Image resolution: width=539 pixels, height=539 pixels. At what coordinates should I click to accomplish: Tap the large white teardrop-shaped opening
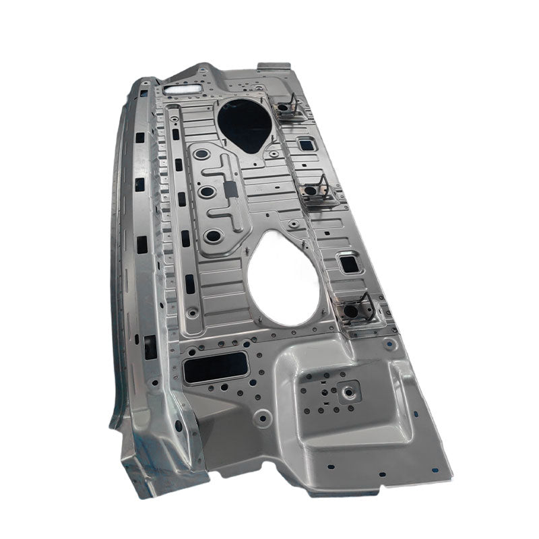(283, 278)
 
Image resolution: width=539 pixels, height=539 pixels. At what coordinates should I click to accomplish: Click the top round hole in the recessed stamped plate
(201, 154)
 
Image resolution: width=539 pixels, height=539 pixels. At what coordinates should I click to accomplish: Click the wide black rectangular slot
(216, 367)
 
